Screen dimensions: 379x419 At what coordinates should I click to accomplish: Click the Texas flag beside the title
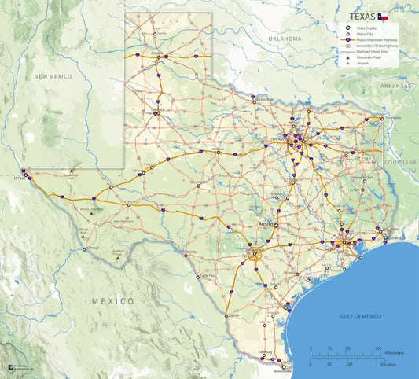click(382, 16)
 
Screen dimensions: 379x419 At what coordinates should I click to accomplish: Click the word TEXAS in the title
click(361, 16)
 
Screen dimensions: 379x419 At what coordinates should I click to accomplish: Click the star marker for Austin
click(276, 225)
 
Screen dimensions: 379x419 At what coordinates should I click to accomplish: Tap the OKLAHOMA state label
click(284, 39)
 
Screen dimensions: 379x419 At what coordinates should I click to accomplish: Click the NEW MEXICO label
click(53, 76)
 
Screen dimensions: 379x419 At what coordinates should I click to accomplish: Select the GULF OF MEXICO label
click(361, 316)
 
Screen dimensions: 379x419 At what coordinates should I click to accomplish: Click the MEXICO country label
click(112, 301)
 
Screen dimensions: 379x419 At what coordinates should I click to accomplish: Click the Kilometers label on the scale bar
click(395, 352)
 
